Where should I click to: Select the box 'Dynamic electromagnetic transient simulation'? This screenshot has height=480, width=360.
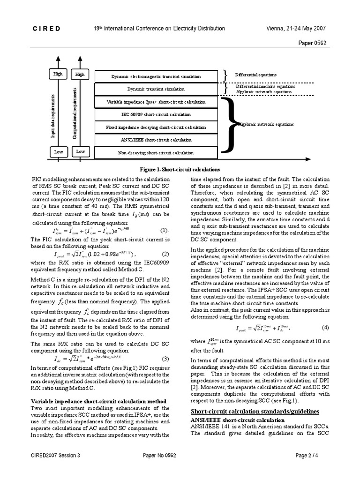(x=156, y=76)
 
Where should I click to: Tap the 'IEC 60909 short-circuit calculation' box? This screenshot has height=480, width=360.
(x=156, y=114)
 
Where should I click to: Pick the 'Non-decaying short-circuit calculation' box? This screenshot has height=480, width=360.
(x=156, y=152)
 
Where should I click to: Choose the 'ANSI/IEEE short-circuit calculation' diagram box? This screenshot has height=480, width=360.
(x=156, y=140)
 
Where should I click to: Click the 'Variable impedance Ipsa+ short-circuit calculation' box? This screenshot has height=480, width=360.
(x=156, y=102)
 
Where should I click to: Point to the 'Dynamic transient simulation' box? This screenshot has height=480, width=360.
(x=156, y=89)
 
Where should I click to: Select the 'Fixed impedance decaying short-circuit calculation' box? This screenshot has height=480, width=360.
(x=156, y=127)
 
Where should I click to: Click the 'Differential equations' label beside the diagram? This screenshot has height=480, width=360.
(x=255, y=75)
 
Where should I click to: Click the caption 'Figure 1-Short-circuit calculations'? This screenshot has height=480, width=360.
(x=180, y=170)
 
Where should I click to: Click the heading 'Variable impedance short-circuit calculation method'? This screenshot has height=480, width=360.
(x=98, y=401)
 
